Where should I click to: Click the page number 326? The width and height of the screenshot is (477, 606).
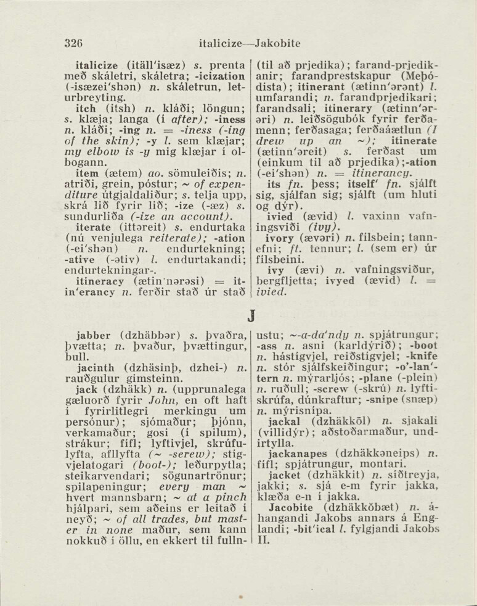click(x=74, y=44)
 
